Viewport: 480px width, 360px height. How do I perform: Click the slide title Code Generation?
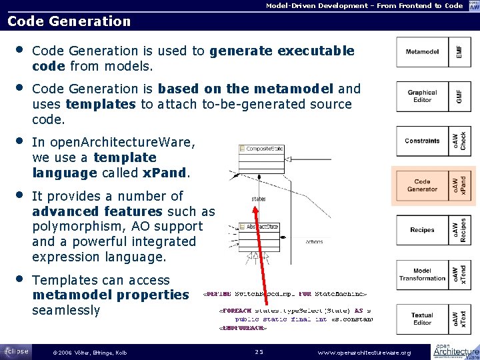pyautogui.click(x=69, y=21)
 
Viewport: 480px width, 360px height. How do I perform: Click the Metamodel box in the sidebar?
pyautogui.click(x=422, y=52)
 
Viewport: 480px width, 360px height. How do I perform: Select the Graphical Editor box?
pyautogui.click(x=422, y=97)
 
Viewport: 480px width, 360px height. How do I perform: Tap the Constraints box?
pyautogui.click(x=422, y=141)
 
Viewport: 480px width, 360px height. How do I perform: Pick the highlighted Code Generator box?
pyautogui.click(x=422, y=185)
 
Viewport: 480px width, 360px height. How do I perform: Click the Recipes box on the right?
pyautogui.click(x=422, y=230)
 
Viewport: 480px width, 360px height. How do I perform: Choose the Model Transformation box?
pyautogui.click(x=422, y=274)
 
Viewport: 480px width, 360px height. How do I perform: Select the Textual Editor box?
pyautogui.click(x=422, y=319)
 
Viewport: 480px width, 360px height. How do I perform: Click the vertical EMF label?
pyautogui.click(x=459, y=52)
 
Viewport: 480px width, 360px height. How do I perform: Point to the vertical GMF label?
pyautogui.click(x=459, y=97)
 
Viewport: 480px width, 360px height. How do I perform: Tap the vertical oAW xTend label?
pyautogui.click(x=459, y=274)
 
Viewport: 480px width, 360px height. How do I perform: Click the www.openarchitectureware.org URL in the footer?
pyautogui.click(x=364, y=352)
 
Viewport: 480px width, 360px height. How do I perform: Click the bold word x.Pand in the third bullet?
pyautogui.click(x=165, y=173)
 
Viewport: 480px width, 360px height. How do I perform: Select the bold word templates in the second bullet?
pyautogui.click(x=101, y=104)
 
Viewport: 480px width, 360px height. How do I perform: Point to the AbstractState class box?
pyautogui.click(x=261, y=227)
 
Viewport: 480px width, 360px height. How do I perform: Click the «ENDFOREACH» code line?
pyautogui.click(x=243, y=328)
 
